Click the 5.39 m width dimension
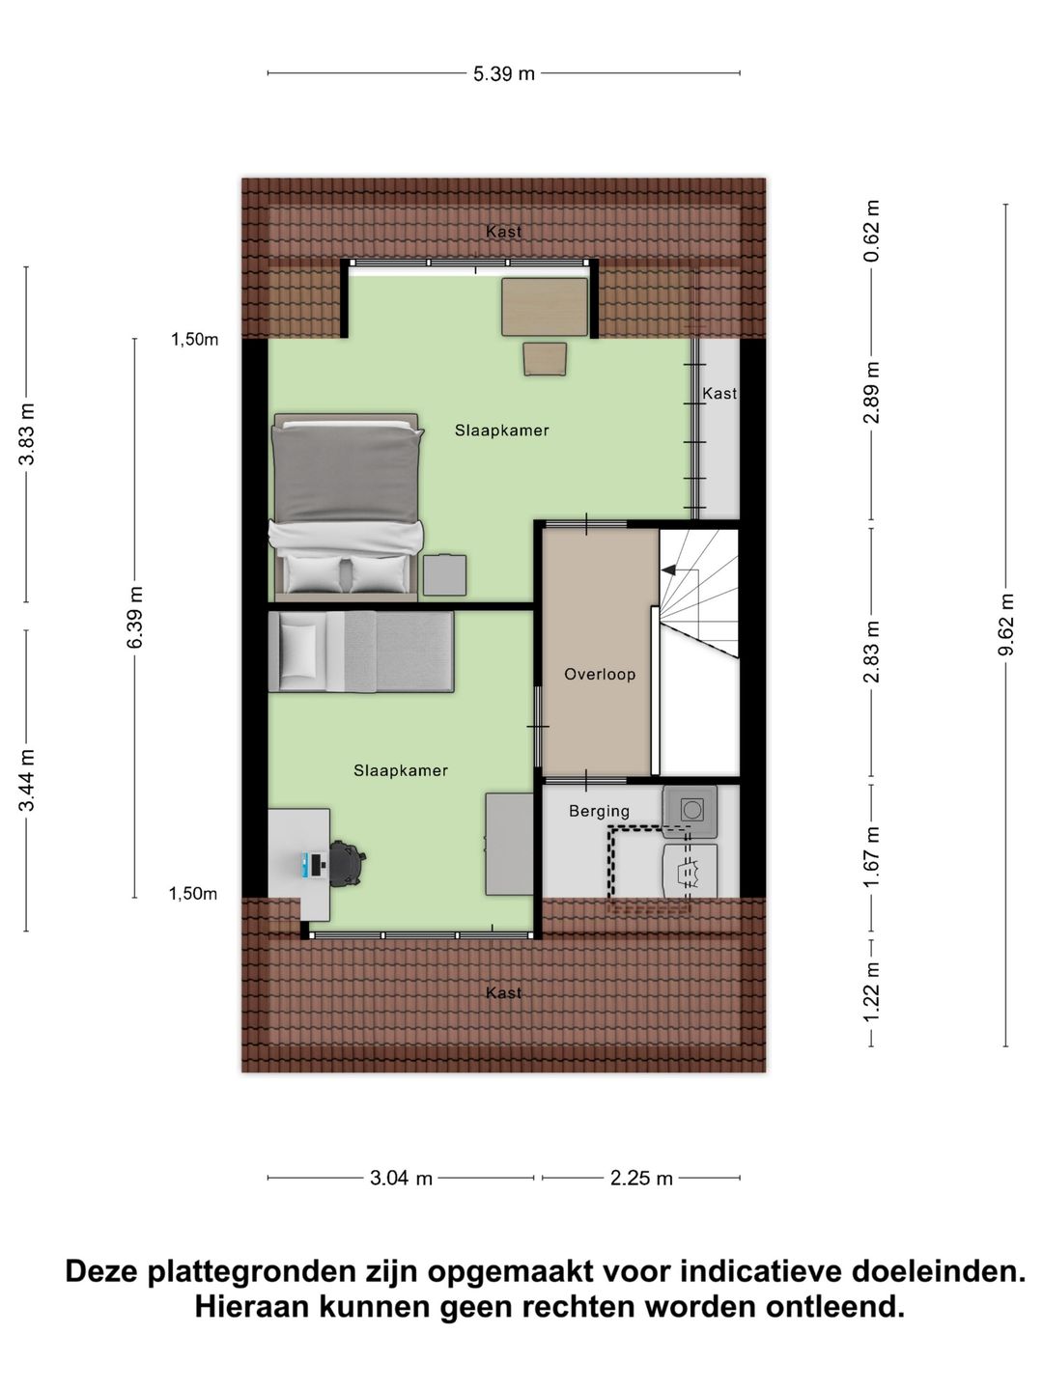[503, 73]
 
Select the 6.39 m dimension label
[135, 618]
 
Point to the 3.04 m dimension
[401, 1178]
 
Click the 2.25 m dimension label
[641, 1178]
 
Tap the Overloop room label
[600, 675]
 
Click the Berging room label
[599, 812]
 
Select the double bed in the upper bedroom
[348, 504]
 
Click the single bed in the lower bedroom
[360, 652]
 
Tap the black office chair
[346, 862]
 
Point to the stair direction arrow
[669, 571]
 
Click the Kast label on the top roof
[503, 232]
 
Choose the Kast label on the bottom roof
[503, 992]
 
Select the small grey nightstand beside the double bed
[444, 574]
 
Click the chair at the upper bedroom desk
[546, 358]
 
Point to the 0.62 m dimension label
[871, 232]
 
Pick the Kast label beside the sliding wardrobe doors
[719, 394]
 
